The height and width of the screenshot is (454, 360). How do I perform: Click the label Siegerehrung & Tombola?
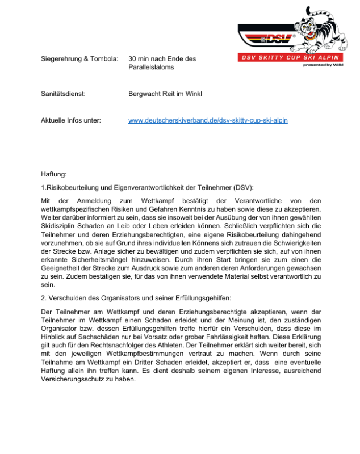pyautogui.click(x=79, y=58)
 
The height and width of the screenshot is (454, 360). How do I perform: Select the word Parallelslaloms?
pyautogui.click(x=151, y=67)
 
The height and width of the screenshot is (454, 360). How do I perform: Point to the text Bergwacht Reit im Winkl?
pyautogui.click(x=165, y=93)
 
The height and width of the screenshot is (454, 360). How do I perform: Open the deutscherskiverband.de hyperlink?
pyautogui.click(x=208, y=121)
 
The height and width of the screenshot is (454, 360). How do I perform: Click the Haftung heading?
pyautogui.click(x=54, y=173)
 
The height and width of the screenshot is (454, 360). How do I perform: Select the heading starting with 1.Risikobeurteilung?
pyautogui.click(x=148, y=187)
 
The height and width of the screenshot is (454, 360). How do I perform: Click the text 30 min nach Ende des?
pyautogui.click(x=162, y=58)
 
